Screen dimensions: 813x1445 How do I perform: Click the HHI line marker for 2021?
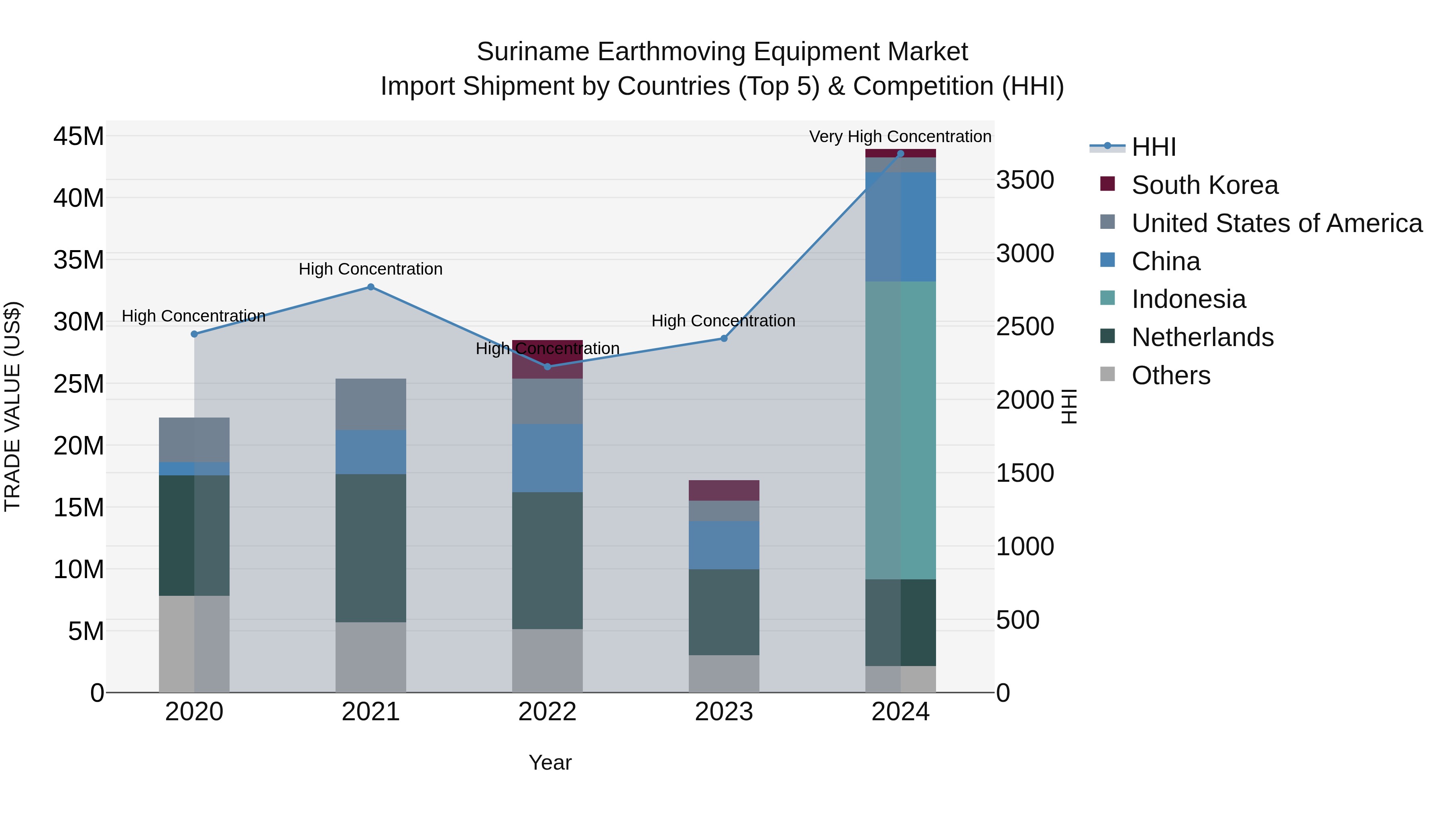(x=371, y=287)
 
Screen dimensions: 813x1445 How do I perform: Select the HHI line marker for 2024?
(x=901, y=153)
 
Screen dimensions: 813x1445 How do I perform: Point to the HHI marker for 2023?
(x=724, y=338)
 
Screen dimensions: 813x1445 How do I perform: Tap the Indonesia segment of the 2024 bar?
(x=901, y=430)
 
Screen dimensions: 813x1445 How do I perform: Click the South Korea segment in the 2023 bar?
(x=724, y=490)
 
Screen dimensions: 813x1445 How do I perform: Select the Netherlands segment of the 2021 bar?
(x=371, y=548)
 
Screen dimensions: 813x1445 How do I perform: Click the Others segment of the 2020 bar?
(x=194, y=644)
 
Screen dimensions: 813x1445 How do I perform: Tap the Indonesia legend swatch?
(x=1107, y=298)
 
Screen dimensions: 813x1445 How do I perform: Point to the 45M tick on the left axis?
(x=79, y=137)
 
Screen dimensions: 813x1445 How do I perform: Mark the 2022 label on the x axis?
(x=547, y=712)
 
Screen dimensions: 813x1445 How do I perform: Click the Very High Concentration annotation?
(x=900, y=137)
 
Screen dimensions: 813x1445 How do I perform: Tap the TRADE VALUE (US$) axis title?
(x=12, y=406)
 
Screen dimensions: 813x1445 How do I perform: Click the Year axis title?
(x=550, y=762)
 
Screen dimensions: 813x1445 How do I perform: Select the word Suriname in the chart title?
(x=533, y=52)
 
